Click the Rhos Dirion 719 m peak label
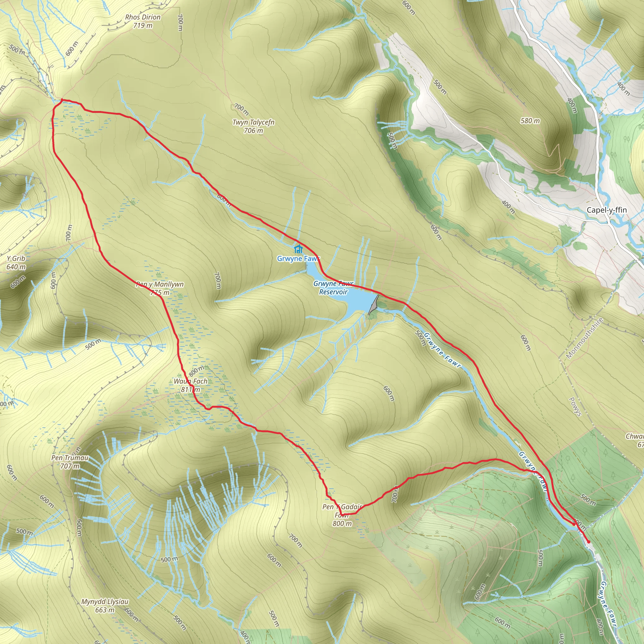coord(143,21)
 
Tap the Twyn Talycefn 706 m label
coord(253,126)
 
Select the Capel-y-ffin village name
coord(607,210)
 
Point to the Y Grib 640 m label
coord(16,262)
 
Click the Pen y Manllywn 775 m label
coord(160,288)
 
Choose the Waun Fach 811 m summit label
coord(190,385)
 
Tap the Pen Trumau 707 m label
coord(70,462)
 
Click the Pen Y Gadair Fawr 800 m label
coord(342,515)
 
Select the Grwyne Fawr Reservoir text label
coord(333,288)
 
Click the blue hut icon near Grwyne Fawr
coord(298,249)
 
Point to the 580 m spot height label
coord(530,121)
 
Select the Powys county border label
coord(575,407)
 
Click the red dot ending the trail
coord(589,542)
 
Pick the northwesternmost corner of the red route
coord(62,99)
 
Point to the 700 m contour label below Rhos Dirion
coord(180,22)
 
